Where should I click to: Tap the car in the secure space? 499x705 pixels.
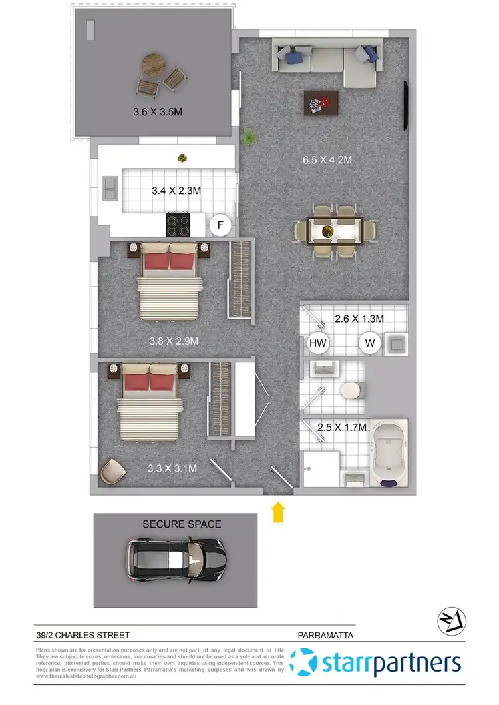[x=176, y=559]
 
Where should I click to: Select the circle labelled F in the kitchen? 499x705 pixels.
[x=220, y=225]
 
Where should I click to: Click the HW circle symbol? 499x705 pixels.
[x=319, y=343]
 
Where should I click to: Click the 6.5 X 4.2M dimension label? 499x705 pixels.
[x=327, y=160]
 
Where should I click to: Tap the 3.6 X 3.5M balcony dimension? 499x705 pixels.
[x=158, y=112]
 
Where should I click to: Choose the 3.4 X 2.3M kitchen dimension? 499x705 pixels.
[x=176, y=191]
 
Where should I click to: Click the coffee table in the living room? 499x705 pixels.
[x=321, y=103]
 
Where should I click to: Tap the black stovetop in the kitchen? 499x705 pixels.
[x=179, y=225]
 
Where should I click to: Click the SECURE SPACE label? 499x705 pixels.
[x=182, y=524]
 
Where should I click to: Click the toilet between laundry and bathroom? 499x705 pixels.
[x=350, y=390]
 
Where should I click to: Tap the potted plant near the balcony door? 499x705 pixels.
[x=249, y=137]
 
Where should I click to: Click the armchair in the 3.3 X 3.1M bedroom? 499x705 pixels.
[x=112, y=472]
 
